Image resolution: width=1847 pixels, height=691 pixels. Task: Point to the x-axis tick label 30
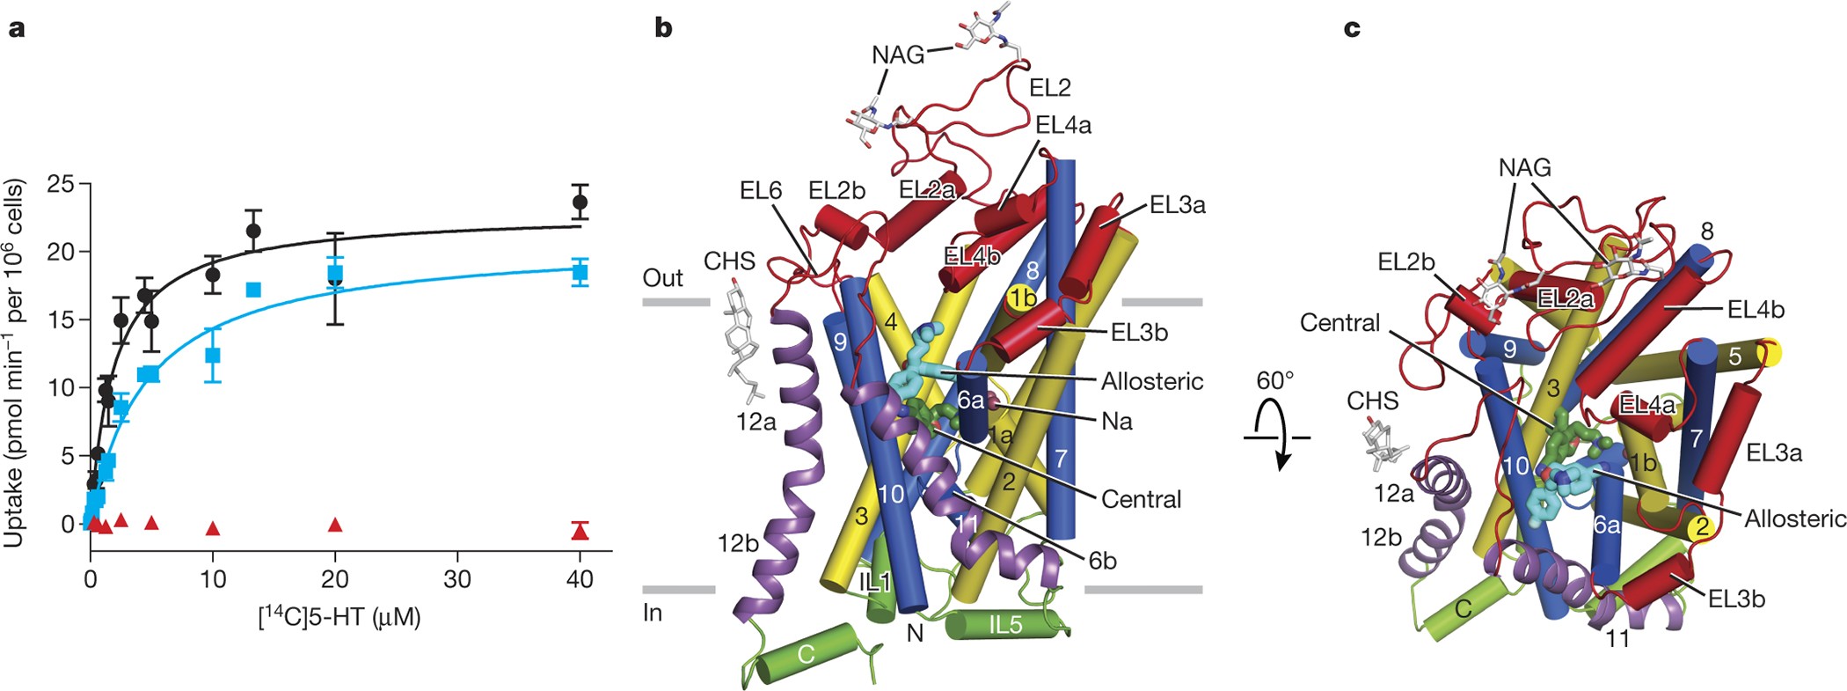(457, 579)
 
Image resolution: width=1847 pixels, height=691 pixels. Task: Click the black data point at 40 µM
(580, 202)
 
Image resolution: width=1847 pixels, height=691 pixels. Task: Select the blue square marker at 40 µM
(580, 272)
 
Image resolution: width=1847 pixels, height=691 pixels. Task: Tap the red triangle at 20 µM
(334, 525)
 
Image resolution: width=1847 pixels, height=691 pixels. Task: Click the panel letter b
(663, 28)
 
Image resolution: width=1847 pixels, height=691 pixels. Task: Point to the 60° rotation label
(1275, 381)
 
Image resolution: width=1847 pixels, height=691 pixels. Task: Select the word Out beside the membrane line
(662, 278)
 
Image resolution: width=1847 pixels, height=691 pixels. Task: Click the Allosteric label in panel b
(1152, 381)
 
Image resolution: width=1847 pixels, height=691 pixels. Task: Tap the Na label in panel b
(1117, 422)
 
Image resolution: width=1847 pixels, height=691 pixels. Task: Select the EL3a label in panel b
(1177, 205)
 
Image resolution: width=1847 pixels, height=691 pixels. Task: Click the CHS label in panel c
(1372, 401)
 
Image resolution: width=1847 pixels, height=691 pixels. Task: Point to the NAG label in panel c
(1525, 167)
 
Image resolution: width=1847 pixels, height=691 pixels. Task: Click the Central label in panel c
(1340, 323)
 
